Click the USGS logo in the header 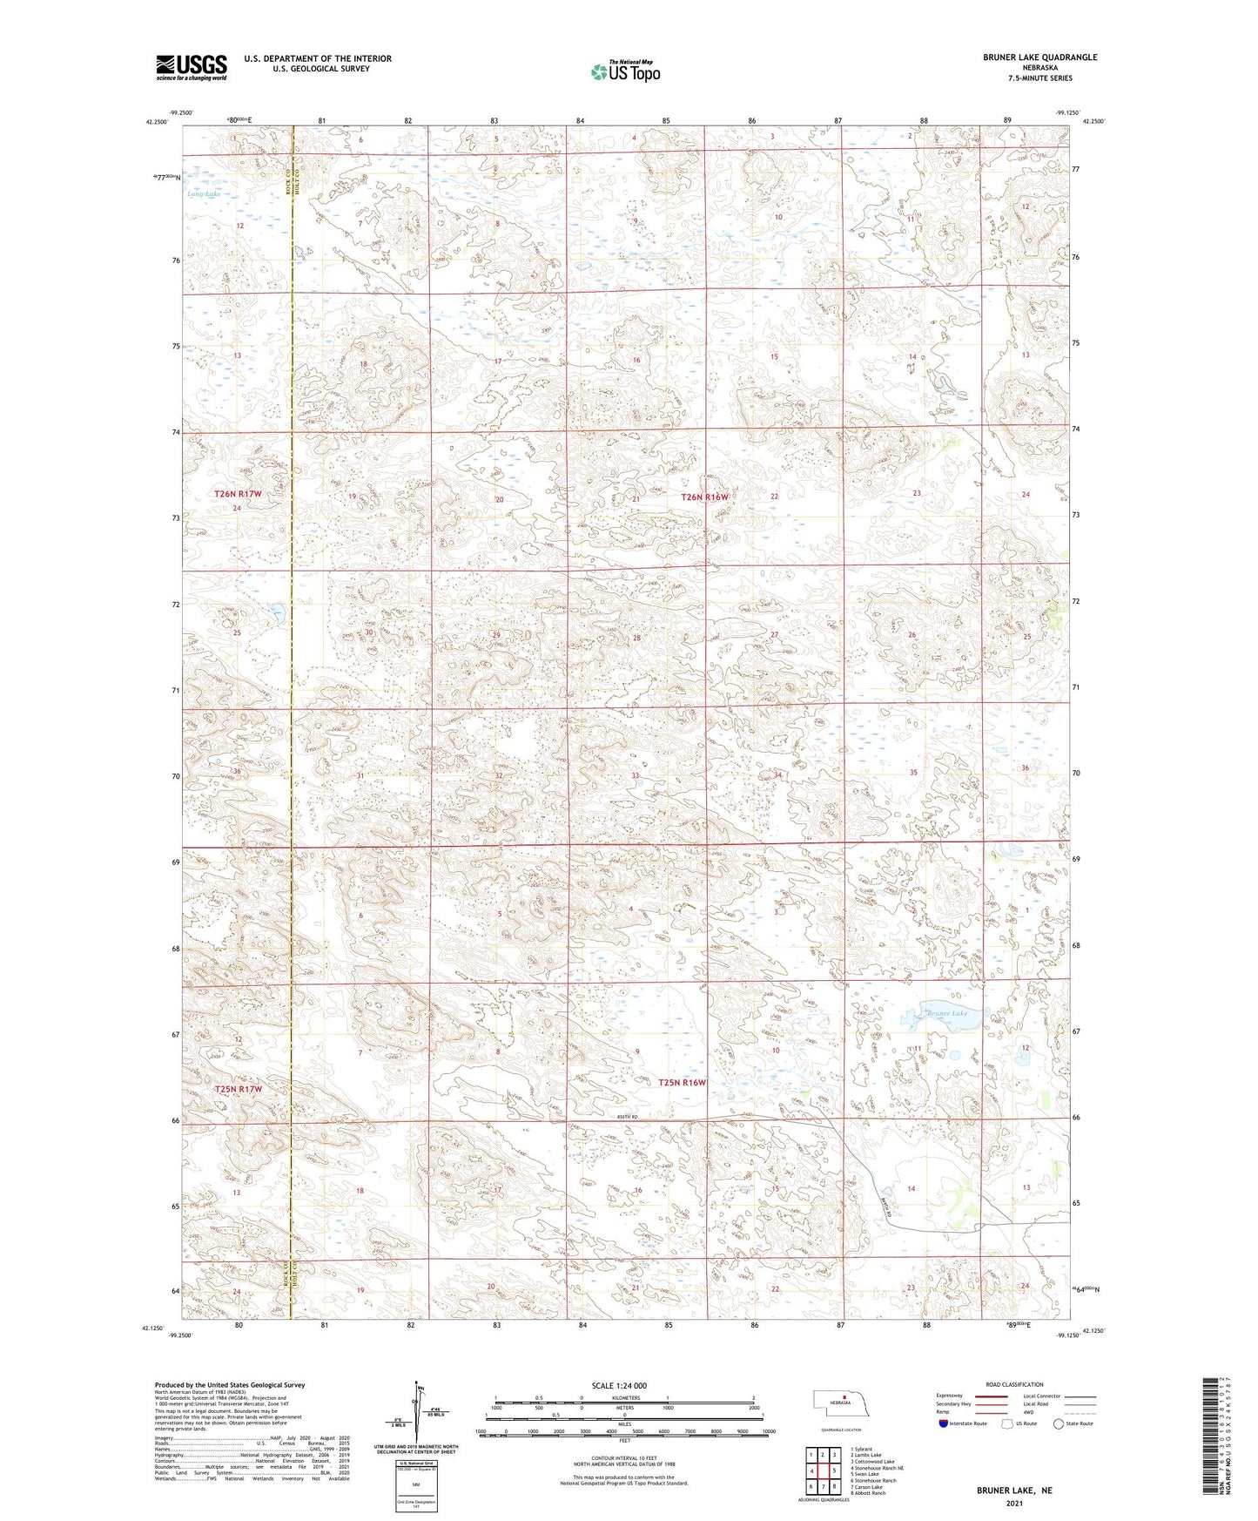tap(192, 66)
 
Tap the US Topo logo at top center tap(625, 71)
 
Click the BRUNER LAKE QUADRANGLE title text tap(1036, 57)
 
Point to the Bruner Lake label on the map tap(947, 1013)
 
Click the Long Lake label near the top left tap(204, 193)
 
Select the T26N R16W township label tap(703, 497)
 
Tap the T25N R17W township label tap(238, 1089)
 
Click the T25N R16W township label tap(682, 1083)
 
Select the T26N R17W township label tap(238, 494)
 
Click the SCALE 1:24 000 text tap(618, 1385)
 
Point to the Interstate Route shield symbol tap(943, 1423)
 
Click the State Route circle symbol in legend tap(1059, 1423)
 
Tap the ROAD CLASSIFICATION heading tap(1014, 1384)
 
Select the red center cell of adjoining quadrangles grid tap(823, 1470)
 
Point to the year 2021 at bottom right tap(1013, 1504)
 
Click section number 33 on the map tap(636, 775)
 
